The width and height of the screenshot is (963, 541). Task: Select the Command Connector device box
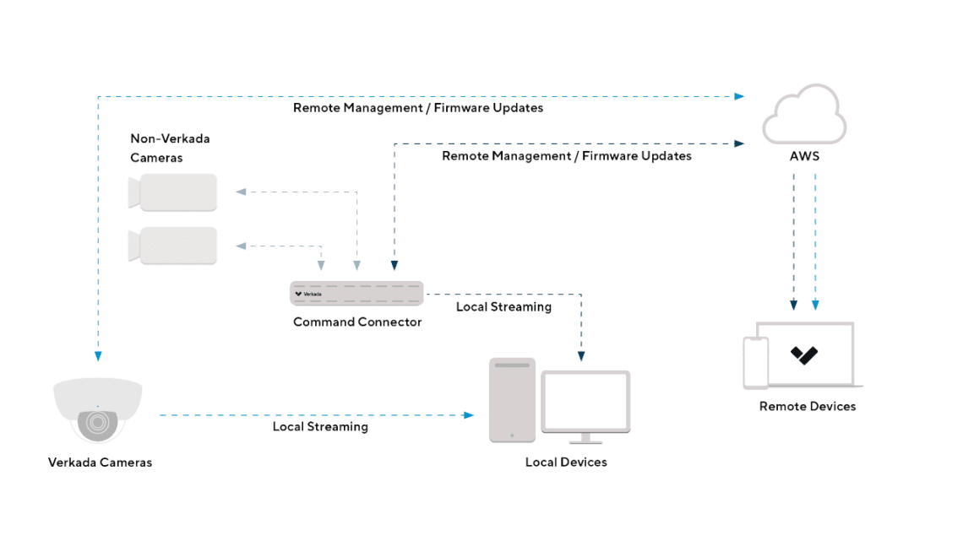click(x=356, y=293)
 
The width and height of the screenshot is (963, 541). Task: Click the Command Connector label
click(x=356, y=322)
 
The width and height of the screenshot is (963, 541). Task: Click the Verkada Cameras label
click(x=100, y=463)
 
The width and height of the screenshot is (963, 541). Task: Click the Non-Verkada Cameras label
click(x=169, y=148)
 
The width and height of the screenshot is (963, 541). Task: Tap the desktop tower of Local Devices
click(x=512, y=400)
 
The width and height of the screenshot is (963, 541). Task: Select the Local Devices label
click(x=565, y=462)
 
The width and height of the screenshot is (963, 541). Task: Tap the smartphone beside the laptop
click(x=754, y=362)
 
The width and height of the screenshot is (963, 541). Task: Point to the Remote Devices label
click(x=807, y=406)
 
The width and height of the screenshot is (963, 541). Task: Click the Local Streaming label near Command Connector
click(x=503, y=306)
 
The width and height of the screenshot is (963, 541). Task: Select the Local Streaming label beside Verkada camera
click(x=320, y=426)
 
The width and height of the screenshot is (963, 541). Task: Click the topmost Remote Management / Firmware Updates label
click(x=417, y=108)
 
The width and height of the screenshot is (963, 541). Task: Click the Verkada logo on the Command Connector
click(x=302, y=294)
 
